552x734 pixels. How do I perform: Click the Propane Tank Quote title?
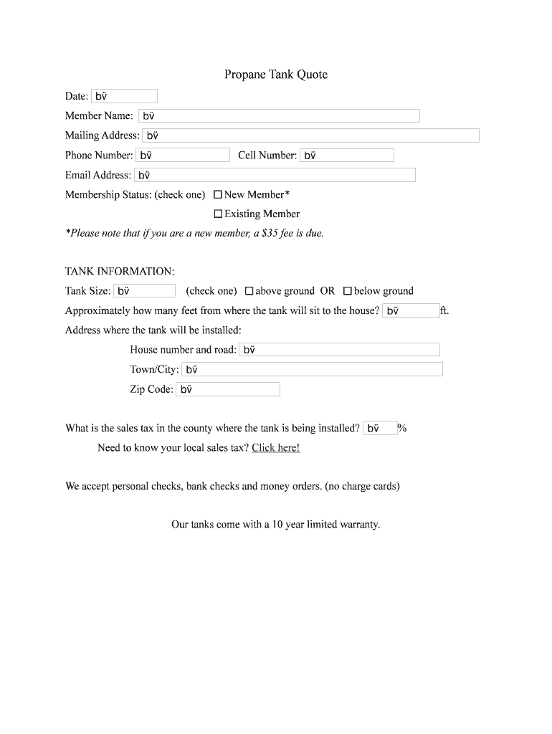275,75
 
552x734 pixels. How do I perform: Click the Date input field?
124,96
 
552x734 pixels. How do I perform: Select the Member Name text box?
279,115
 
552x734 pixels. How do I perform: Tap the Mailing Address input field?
310,135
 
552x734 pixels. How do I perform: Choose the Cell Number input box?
347,155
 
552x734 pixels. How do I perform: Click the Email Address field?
275,175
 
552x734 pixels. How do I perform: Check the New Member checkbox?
218,194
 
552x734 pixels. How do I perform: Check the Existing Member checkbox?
218,214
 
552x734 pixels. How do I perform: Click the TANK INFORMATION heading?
120,272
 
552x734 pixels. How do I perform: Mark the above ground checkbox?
249,291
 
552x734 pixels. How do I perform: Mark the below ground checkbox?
348,291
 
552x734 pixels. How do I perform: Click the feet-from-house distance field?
411,310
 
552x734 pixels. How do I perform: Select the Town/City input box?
312,369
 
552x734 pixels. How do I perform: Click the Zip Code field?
227,389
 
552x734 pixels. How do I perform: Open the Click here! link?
275,448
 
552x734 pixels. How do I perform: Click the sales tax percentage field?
380,428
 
